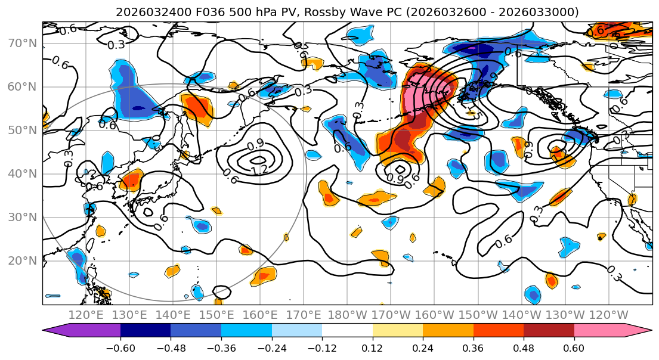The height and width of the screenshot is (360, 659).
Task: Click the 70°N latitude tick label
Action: pos(21,43)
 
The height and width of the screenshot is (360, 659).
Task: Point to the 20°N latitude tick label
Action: pos(21,260)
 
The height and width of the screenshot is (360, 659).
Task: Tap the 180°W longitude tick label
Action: pos(347,315)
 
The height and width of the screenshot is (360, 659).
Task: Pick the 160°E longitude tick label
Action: pos(260,315)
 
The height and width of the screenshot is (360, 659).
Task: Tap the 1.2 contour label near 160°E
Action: pos(259,170)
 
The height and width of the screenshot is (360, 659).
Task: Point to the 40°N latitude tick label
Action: pos(21,173)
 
